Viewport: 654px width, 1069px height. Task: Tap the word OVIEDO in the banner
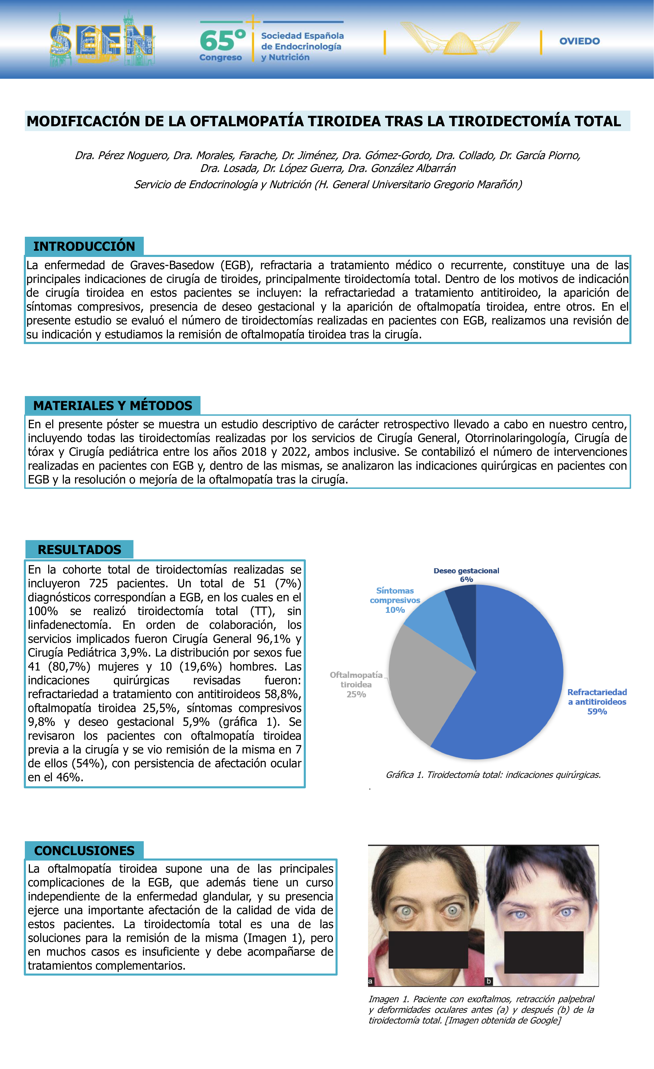click(579, 41)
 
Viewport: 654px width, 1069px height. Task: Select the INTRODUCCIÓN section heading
click(84, 246)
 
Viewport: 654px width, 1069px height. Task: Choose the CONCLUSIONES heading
click(84, 850)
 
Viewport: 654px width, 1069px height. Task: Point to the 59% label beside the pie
click(597, 712)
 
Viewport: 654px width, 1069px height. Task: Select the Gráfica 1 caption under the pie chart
click(493, 775)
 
